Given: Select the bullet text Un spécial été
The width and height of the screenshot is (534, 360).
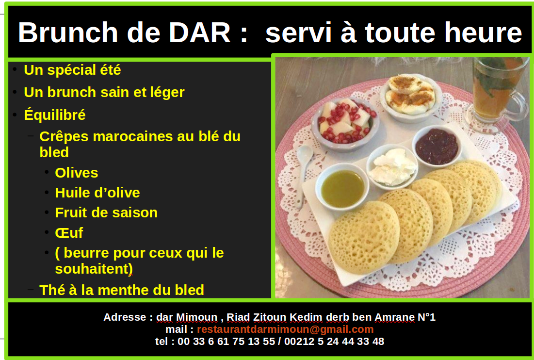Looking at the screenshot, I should (72, 70).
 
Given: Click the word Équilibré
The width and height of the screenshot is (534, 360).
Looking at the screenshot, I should (55, 115).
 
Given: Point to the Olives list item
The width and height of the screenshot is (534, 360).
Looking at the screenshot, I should (77, 173).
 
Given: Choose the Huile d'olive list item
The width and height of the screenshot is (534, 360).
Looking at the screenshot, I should (97, 193).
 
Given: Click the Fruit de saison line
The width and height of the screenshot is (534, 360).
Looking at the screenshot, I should (106, 213).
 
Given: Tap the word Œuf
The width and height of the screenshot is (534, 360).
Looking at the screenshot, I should (69, 233).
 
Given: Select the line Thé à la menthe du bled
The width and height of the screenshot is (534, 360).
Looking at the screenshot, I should (122, 290).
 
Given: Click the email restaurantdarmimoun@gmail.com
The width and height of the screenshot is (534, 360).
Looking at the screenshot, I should (285, 329).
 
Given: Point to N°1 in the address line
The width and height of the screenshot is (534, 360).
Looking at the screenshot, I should (426, 317).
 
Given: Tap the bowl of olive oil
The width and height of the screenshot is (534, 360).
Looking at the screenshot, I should (342, 187).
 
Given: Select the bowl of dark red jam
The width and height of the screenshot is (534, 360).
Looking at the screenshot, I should (437, 146).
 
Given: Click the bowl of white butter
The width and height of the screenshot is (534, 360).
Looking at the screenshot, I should (392, 166).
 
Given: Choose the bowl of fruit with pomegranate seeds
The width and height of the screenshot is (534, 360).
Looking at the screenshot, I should (345, 122).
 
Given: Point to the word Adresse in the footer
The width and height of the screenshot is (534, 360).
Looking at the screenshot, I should (125, 317).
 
